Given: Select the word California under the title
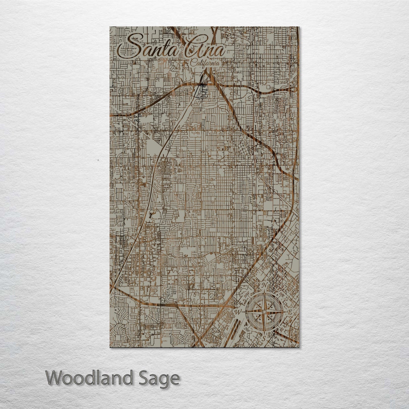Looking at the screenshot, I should click(205, 63).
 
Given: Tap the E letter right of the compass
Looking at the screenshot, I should click(290, 312).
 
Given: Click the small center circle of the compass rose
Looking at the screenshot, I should click(264, 312).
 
